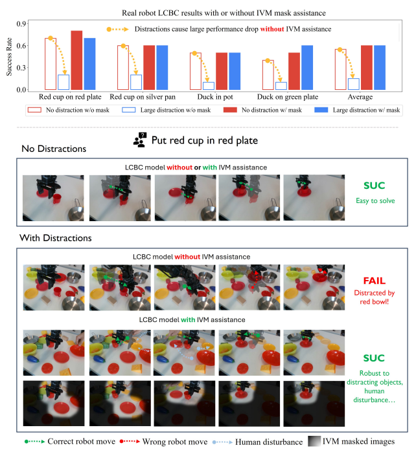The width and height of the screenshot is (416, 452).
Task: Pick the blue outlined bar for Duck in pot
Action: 208,85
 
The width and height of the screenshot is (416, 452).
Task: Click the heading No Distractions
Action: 54,149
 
